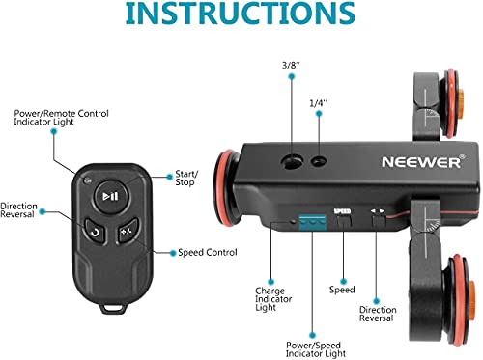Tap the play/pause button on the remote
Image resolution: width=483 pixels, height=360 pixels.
tap(111, 196)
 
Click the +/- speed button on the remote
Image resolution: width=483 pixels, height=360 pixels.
tap(126, 232)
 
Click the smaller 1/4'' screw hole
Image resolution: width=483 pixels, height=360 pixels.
tap(318, 160)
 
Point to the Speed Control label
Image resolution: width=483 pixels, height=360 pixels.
tap(206, 254)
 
